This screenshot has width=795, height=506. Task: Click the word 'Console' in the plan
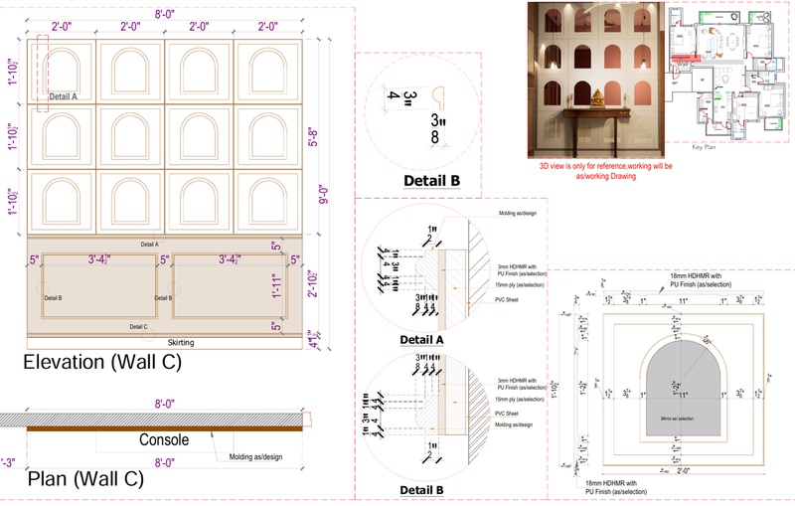point(165,439)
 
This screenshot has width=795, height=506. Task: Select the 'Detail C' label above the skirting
point(139,326)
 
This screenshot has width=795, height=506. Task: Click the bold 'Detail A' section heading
point(420,340)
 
